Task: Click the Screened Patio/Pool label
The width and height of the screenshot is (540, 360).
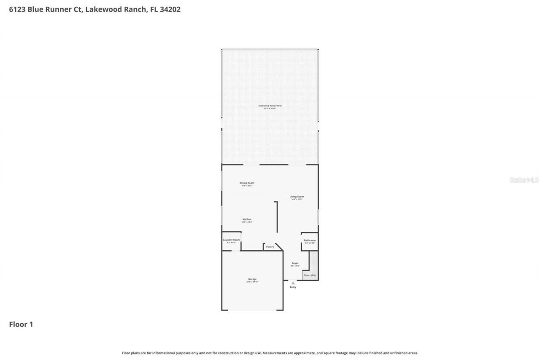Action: pos(270,106)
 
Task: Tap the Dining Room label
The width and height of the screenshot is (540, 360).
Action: pos(247,183)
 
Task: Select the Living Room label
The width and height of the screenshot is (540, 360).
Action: pos(297,196)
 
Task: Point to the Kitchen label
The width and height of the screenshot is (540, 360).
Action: pos(247,219)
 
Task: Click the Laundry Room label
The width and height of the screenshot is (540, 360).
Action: pos(231,240)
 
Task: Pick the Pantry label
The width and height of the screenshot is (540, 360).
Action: pos(270,246)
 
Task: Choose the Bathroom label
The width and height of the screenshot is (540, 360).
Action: pos(310,240)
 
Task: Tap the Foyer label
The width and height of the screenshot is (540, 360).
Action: pos(295,263)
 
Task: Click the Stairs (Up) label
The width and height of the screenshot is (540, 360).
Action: pos(310,275)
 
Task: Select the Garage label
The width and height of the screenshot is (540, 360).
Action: pos(252,279)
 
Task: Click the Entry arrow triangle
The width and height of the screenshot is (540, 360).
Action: pos(293,283)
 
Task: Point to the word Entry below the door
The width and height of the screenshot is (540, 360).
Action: pos(293,287)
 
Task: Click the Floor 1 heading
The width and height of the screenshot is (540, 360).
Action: pos(21,324)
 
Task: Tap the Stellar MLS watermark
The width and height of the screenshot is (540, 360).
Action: pos(524,180)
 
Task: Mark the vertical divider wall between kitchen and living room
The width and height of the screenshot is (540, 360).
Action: pos(277,217)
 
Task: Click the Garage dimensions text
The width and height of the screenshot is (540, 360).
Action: pos(252,282)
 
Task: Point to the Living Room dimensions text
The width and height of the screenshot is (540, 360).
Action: pos(297,199)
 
